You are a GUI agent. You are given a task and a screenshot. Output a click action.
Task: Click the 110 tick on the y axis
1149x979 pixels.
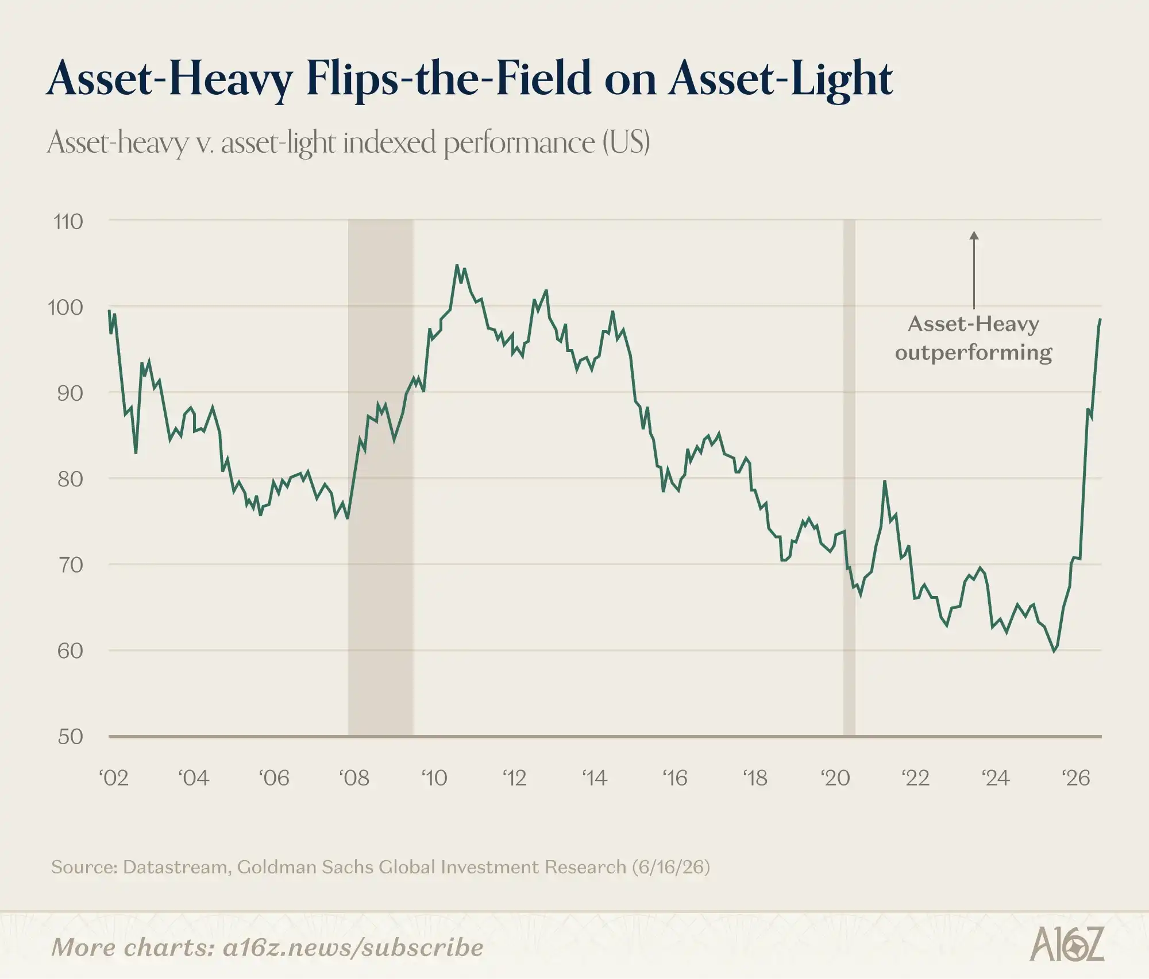click(x=68, y=222)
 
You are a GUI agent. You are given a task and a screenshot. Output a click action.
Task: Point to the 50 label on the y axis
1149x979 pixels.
click(x=70, y=737)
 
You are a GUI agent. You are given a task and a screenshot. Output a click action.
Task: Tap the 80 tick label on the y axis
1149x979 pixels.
click(x=70, y=479)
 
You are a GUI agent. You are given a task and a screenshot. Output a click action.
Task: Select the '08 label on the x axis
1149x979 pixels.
click(x=354, y=778)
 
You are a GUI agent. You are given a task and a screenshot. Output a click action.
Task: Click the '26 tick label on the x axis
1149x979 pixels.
click(x=1075, y=778)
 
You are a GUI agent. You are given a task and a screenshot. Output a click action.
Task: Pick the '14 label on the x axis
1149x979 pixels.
click(x=594, y=778)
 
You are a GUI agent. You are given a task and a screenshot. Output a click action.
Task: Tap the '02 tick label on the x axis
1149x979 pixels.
click(x=113, y=778)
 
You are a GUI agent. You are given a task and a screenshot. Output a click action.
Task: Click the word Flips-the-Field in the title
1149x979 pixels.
click(x=449, y=78)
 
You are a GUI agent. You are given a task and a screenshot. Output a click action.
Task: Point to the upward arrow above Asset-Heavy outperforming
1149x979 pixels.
click(x=974, y=270)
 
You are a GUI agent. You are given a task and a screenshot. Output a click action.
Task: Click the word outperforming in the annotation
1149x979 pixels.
click(x=974, y=353)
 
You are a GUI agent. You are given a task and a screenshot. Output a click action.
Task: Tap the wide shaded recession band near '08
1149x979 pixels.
click(x=380, y=478)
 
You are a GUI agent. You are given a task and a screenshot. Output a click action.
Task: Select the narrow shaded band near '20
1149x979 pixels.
click(x=849, y=478)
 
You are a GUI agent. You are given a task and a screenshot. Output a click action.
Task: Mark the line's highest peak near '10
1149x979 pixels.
click(x=457, y=265)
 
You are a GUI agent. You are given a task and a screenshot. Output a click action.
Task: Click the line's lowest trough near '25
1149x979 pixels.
click(x=1054, y=651)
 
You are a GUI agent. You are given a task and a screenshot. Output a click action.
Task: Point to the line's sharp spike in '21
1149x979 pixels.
click(x=885, y=482)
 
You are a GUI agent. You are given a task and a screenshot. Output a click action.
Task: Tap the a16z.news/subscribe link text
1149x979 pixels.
click(x=353, y=947)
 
